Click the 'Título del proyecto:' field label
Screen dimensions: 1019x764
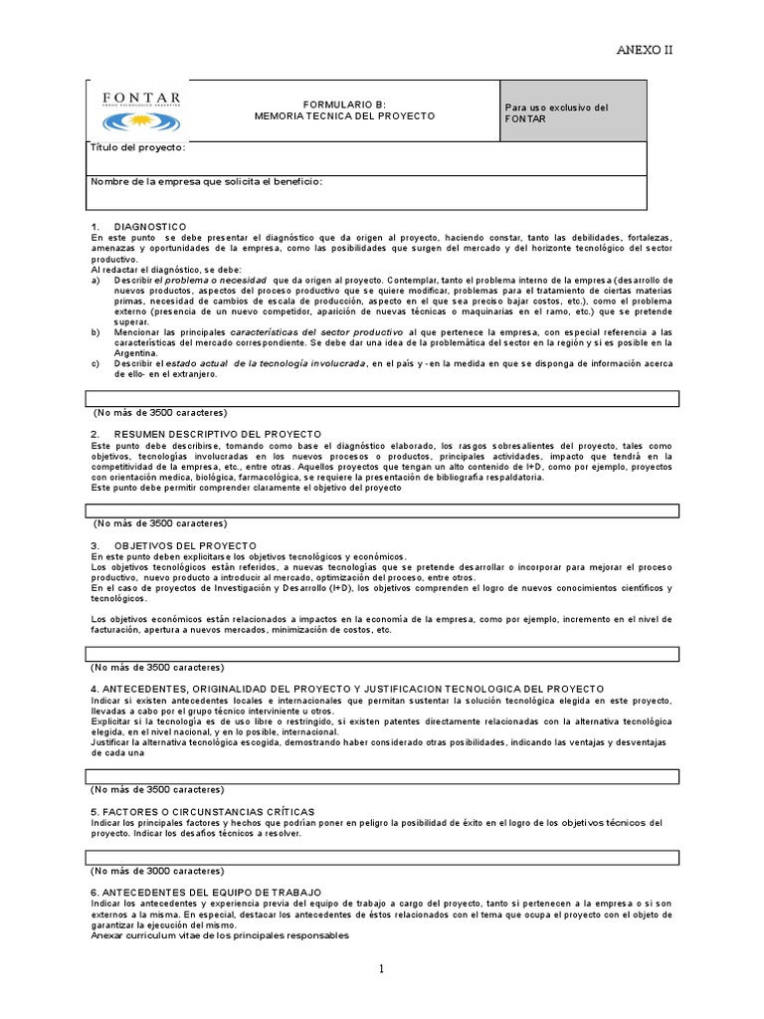pos(138,148)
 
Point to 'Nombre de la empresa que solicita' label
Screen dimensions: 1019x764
pos(207,182)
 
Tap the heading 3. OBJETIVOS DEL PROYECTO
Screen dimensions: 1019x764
pos(173,545)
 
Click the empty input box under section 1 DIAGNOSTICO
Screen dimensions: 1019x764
pos(382,398)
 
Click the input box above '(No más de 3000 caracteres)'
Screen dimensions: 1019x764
pos(382,856)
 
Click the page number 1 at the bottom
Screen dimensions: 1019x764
pos(381,968)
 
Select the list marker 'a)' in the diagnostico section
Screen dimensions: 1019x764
pos(95,280)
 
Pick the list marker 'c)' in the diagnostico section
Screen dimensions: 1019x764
pos(95,363)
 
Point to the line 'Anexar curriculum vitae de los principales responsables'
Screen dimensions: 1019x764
pos(220,936)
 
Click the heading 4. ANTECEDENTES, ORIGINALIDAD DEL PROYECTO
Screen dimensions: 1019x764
pos(347,688)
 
